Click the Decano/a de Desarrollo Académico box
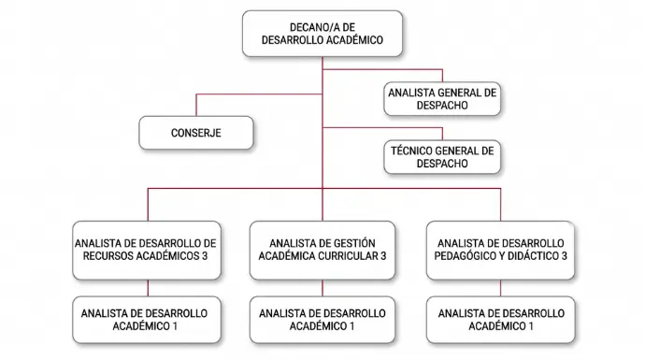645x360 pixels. coord(322,34)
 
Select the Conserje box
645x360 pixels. coord(196,133)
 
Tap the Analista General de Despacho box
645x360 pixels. coord(442,99)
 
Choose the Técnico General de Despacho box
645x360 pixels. coord(442,157)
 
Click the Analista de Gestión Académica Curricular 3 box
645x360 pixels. coord(322,251)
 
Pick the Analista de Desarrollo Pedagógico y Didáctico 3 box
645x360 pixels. coord(500,251)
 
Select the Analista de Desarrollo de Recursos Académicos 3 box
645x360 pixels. coord(147,251)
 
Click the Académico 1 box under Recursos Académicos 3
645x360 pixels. coord(147,320)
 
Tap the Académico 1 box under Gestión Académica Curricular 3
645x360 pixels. coord(322,320)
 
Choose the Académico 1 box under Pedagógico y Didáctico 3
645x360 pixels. coord(501,320)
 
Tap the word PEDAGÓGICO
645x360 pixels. coord(460,256)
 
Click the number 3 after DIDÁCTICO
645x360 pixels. coord(564,256)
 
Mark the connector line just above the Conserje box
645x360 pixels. coord(196,105)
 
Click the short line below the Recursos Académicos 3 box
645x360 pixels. coord(148,288)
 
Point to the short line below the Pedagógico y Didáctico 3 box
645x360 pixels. coord(501,288)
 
